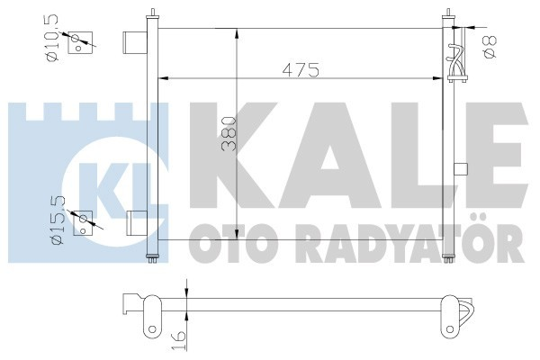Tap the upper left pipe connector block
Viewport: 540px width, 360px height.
134,42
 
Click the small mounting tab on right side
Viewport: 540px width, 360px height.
462,167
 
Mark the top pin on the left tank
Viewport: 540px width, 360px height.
154,12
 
